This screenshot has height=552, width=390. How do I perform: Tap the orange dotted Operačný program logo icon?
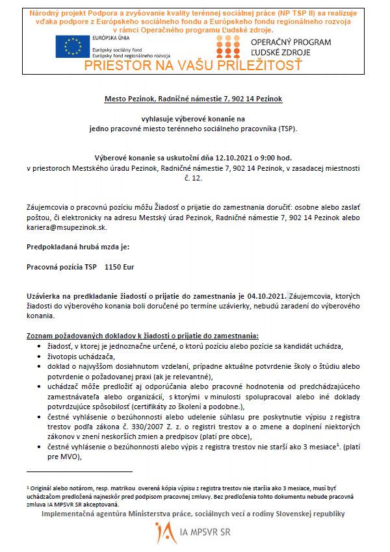229,47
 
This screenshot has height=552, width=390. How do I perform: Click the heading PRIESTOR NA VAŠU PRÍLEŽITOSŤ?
193,65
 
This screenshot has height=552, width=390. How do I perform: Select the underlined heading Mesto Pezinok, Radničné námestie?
194,99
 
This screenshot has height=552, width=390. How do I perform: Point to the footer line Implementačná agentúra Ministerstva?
194,514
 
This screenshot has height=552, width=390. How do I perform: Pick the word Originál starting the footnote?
42,485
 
